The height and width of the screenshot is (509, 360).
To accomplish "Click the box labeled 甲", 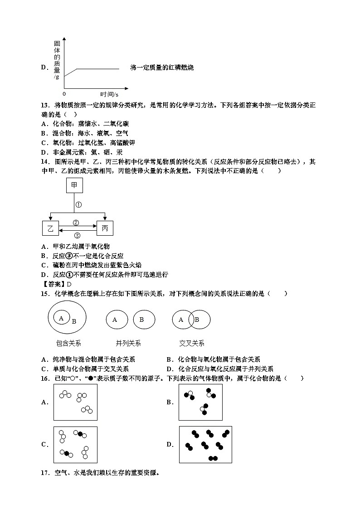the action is point(74,185).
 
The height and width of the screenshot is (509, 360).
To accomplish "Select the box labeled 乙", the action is point(50,228).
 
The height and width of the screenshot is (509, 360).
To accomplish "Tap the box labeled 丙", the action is point(105,228).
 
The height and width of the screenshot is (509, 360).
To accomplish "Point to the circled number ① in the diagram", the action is point(78,204).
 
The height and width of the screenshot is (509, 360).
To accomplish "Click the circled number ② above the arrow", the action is point(76,223).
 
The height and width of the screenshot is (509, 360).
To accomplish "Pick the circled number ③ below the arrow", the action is point(77,235).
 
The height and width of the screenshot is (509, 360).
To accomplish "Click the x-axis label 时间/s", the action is point(109,94).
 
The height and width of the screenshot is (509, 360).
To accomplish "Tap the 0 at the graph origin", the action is point(64,93).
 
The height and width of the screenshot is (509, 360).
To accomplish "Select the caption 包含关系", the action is point(68,343).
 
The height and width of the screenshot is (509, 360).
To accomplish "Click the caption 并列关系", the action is point(128,343).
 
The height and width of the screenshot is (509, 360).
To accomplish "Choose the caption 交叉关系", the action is point(191,343).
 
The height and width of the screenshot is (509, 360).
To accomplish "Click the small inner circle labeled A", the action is point(61,318).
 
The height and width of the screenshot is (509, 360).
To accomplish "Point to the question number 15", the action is point(44,294).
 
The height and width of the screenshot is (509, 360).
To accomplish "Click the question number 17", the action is point(44,473).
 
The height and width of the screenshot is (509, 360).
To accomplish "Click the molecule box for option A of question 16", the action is point(75,402).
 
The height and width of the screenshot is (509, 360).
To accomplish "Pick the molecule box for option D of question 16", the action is point(205,444).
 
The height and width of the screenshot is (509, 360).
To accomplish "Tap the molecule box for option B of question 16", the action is point(200,402).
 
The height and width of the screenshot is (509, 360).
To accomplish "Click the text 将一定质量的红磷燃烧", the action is point(161,68).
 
